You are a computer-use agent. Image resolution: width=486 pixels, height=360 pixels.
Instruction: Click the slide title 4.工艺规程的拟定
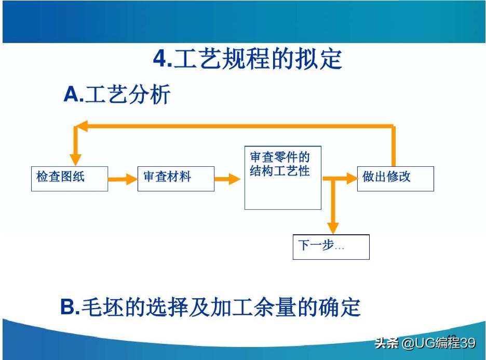248,59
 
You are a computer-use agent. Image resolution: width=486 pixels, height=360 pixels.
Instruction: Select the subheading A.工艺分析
117,95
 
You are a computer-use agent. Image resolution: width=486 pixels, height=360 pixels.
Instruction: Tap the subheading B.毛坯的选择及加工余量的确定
210,308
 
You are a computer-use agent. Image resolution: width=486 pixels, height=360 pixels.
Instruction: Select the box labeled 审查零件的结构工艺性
282,178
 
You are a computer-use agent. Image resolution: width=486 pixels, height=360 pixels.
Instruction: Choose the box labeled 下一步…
331,247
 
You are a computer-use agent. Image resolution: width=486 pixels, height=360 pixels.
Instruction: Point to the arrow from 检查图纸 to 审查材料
123,179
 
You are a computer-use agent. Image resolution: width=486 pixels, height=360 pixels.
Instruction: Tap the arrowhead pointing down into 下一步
333,228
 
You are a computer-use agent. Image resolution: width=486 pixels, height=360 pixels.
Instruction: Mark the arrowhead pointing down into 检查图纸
76,159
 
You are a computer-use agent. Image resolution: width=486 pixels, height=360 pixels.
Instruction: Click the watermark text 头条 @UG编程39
425,343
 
